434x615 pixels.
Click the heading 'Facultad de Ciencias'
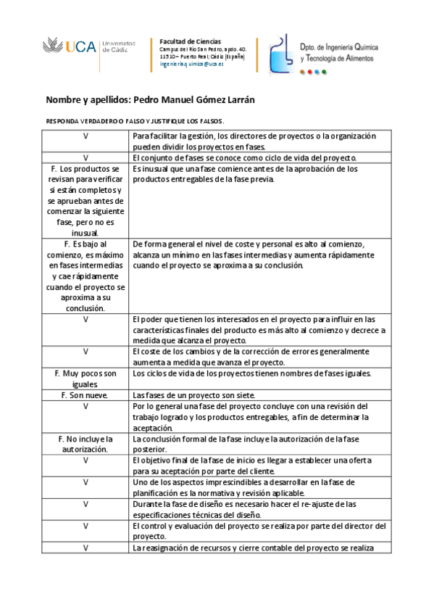[x=190, y=41]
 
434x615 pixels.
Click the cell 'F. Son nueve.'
[x=85, y=395]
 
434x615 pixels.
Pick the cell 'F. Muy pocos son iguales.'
[x=85, y=378]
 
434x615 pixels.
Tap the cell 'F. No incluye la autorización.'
[x=85, y=444]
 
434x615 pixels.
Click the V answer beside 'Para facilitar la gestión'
[x=85, y=136]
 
